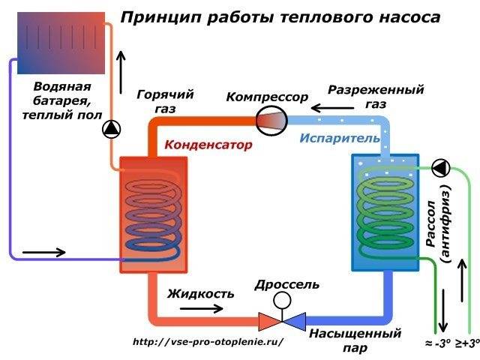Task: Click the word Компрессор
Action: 267,98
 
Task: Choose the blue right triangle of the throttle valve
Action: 295,322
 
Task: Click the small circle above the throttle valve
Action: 283,300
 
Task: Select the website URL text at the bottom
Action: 208,341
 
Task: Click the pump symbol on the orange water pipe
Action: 112,130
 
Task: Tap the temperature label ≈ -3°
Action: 438,344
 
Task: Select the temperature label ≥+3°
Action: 466,344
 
